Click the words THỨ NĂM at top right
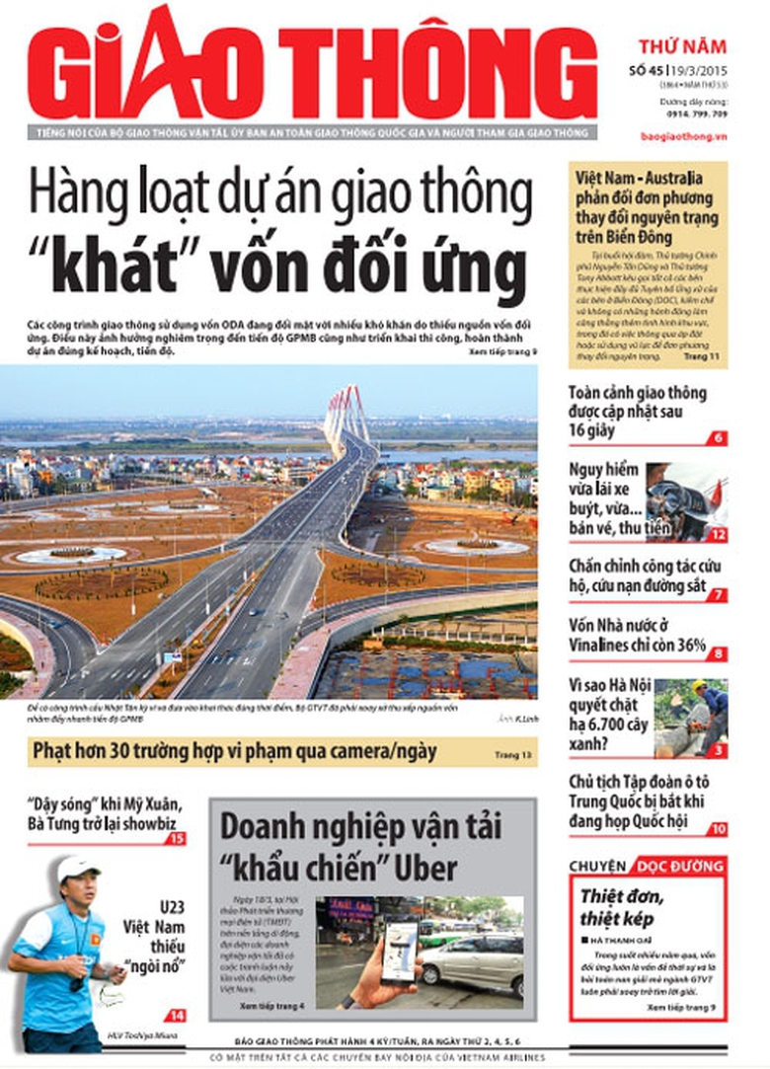[681, 46]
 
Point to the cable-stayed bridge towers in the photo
[346, 413]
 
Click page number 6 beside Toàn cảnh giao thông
[718, 437]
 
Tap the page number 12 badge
[718, 534]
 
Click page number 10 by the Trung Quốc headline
[717, 828]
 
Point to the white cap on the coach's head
[76, 869]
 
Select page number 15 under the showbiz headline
[177, 838]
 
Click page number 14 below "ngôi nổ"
[176, 1015]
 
